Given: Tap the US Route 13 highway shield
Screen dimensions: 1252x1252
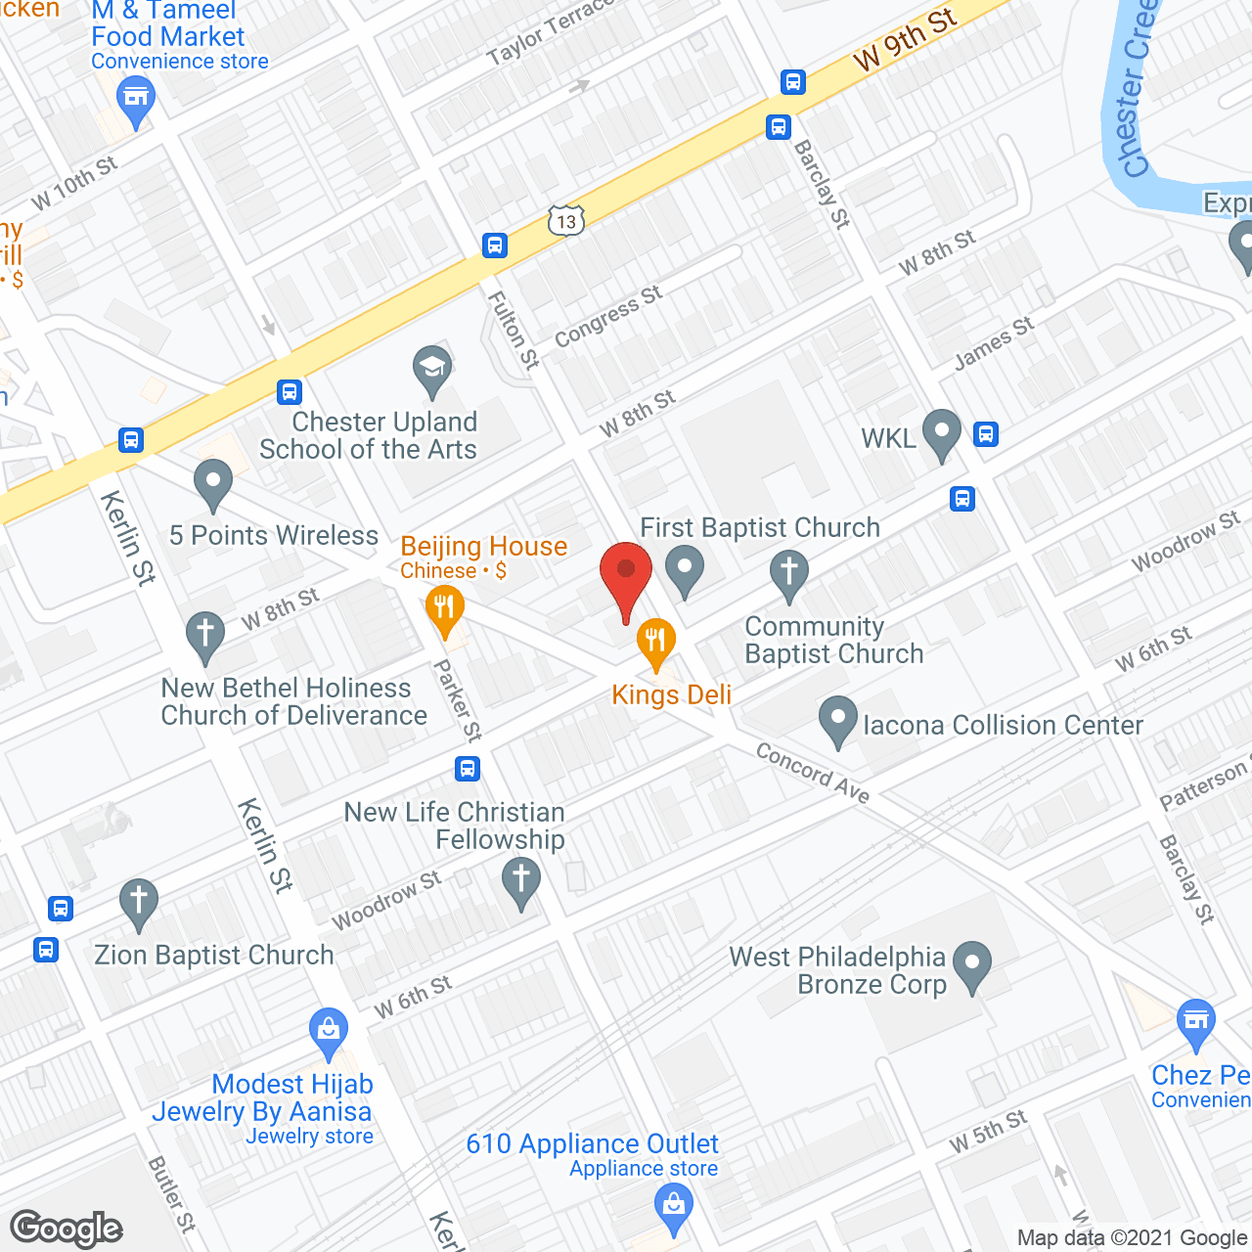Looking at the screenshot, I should (x=566, y=221).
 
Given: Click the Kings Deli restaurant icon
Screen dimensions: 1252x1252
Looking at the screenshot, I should (x=655, y=642).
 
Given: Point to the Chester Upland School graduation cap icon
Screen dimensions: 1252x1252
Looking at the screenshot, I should (x=431, y=369).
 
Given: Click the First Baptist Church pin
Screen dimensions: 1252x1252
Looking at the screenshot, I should (x=685, y=568).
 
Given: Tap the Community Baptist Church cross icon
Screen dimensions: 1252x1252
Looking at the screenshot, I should (x=788, y=573).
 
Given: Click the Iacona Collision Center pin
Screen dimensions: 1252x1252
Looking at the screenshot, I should (x=837, y=720).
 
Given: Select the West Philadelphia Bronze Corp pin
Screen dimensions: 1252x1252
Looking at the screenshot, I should (x=972, y=963).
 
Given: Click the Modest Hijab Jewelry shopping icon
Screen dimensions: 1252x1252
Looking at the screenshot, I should (x=329, y=1031).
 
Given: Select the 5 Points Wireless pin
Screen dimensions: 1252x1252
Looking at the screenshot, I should (x=212, y=482).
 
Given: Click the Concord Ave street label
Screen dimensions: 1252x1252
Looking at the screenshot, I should (x=813, y=774).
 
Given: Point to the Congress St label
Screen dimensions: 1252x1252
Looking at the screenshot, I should (x=607, y=315).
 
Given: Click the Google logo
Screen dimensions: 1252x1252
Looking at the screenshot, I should (x=67, y=1228).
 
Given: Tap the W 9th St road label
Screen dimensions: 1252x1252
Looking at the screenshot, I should (x=904, y=40).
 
